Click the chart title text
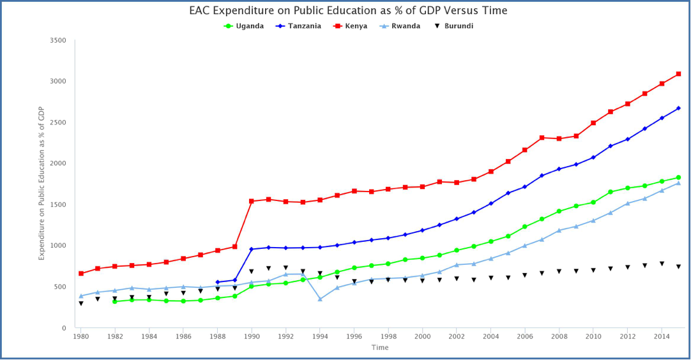point(348,11)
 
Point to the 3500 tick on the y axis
point(58,40)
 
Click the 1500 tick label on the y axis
point(58,205)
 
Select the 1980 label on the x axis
point(81,336)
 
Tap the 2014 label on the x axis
point(662,336)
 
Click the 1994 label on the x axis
point(320,336)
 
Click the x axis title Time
point(380,348)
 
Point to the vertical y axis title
point(42,183)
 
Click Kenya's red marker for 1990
point(252,201)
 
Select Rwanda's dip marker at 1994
point(320,299)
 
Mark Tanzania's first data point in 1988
point(218,282)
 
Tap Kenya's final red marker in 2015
point(678,74)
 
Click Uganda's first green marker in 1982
point(115,301)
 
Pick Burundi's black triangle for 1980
point(81,303)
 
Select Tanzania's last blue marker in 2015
point(678,108)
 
